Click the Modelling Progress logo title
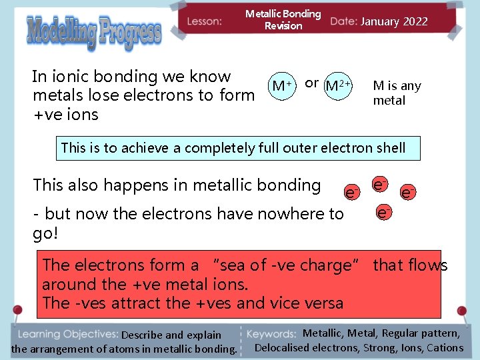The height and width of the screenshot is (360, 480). point(93,33)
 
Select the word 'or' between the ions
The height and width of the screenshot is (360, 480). point(311,83)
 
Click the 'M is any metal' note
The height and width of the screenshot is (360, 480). point(396,93)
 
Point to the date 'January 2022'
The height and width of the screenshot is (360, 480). point(394,21)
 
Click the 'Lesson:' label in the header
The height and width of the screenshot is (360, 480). point(204,21)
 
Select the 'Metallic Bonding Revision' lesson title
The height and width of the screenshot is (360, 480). point(283,19)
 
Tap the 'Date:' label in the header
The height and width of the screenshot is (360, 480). point(343,21)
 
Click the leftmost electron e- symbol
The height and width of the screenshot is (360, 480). point(352,193)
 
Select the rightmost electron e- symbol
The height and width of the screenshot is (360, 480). point(408,193)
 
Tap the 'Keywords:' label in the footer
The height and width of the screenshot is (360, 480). point(271,334)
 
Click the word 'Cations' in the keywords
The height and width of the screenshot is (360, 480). point(445,347)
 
